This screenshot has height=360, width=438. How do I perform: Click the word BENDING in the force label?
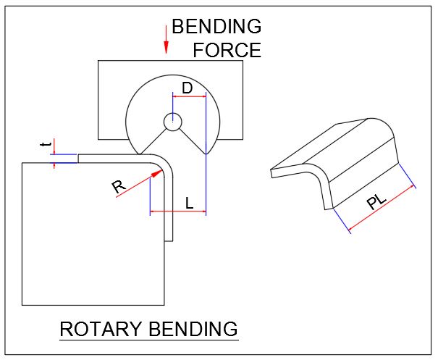[x=216, y=28]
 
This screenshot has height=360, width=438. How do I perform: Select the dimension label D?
[x=186, y=88]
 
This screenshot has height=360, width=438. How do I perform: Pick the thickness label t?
[x=45, y=146]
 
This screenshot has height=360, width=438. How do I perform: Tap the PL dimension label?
[x=376, y=202]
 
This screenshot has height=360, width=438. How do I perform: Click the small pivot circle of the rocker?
[x=172, y=122]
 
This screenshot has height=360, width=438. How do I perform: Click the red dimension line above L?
[x=177, y=212]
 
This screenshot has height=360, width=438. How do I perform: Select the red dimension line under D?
[x=189, y=96]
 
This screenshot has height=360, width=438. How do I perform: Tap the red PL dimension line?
[x=382, y=209]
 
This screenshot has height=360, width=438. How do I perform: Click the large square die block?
[x=87, y=239]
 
